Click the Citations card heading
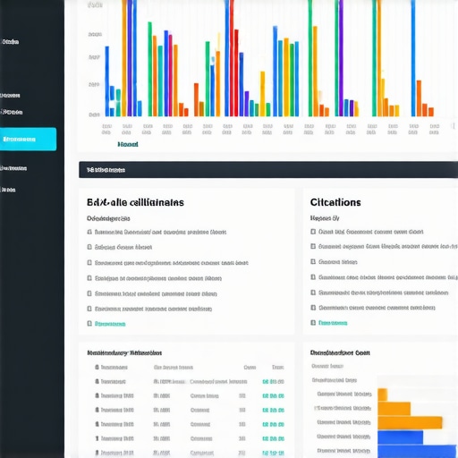(x=335, y=203)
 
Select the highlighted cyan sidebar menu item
(x=28, y=139)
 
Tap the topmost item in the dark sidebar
(x=12, y=42)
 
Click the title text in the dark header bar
(x=106, y=170)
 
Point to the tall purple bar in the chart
(x=340, y=54)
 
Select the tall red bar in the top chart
(x=230, y=54)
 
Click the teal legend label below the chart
(x=127, y=143)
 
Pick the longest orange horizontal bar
(x=410, y=422)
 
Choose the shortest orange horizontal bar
(x=382, y=394)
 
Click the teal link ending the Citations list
(x=334, y=322)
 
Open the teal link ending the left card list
(x=110, y=323)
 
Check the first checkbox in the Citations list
(x=313, y=232)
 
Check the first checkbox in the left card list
(x=89, y=232)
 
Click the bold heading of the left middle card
(x=135, y=203)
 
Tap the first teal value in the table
(x=273, y=381)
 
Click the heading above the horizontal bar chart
(x=340, y=352)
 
